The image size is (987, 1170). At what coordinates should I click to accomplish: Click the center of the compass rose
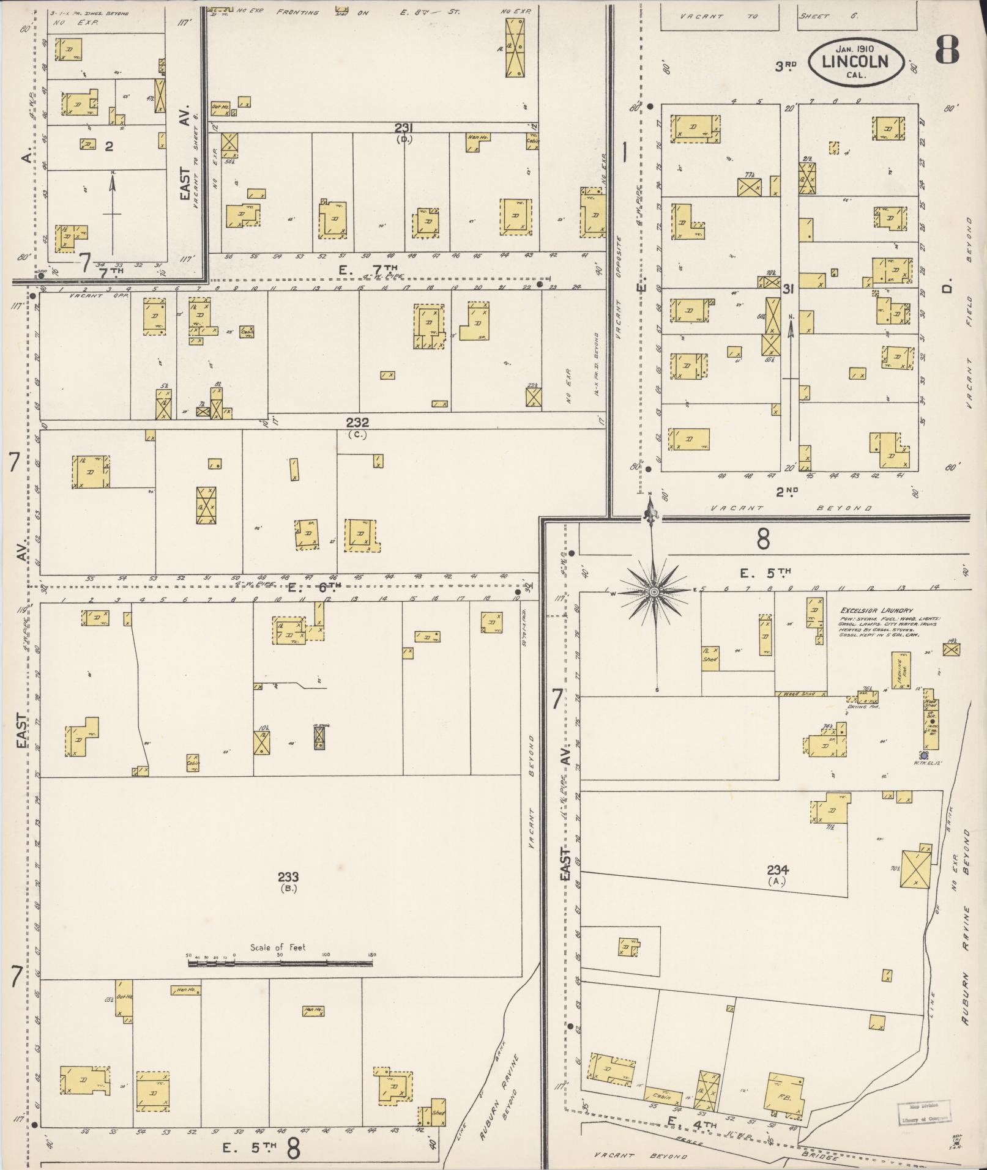pos(654,592)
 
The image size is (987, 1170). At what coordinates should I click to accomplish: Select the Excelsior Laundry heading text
pos(876,610)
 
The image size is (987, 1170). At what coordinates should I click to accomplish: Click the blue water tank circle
pos(923,756)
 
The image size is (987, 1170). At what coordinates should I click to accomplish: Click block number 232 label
pos(357,423)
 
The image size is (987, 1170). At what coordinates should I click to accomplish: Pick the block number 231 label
pos(404,127)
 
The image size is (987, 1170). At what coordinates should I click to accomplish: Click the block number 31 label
pos(788,289)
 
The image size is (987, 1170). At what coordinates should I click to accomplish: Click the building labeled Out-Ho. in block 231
pos(220,108)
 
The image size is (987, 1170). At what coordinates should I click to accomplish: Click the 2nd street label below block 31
pos(787,491)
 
